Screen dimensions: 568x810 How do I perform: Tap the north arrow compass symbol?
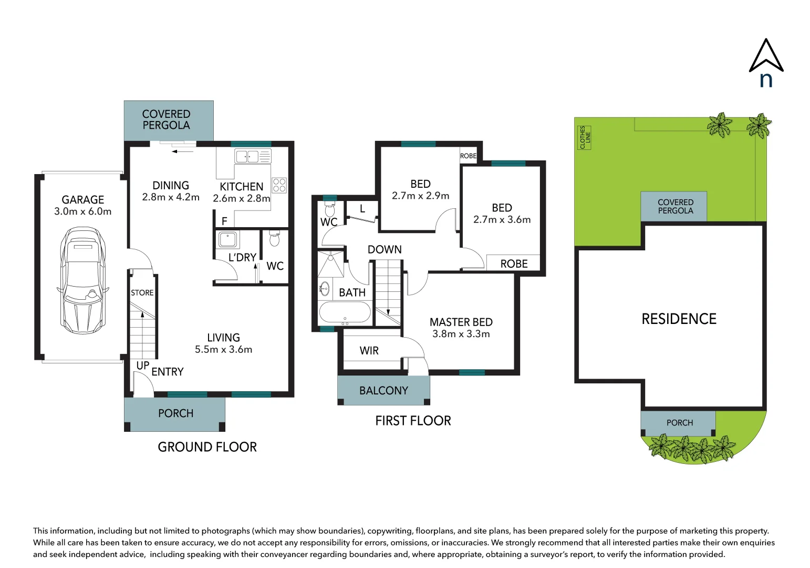(766, 62)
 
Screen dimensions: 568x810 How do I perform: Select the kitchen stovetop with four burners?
(279, 185)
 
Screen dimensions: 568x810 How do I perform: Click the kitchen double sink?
(247, 156)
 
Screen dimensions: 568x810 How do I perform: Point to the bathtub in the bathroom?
(345, 312)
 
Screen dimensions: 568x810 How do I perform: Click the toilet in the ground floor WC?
(274, 239)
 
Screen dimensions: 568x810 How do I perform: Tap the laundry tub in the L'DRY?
(228, 239)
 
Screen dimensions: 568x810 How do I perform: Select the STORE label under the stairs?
(142, 293)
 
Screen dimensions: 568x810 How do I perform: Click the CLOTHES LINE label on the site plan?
(585, 137)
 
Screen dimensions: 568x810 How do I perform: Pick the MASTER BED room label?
(461, 322)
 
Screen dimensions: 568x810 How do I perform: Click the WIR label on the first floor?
(369, 351)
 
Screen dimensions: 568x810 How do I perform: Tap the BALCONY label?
(383, 391)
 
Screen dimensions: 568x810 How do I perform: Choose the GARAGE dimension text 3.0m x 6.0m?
(83, 211)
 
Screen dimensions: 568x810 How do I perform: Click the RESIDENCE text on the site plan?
(679, 319)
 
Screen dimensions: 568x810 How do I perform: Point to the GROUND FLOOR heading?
(207, 447)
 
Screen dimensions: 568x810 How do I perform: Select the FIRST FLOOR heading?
(413, 421)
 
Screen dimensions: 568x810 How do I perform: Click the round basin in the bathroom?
(325, 288)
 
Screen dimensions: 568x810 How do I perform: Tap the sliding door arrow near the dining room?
(182, 151)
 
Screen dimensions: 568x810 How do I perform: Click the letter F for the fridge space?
(224, 221)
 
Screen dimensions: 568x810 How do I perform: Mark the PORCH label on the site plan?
(679, 423)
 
